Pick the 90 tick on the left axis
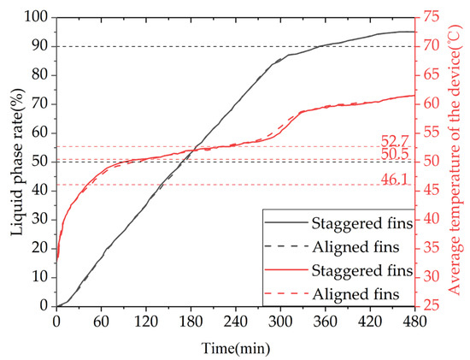point(39,47)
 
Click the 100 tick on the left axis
point(37,18)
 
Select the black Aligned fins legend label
point(363,247)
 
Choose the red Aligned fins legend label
point(363,294)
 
